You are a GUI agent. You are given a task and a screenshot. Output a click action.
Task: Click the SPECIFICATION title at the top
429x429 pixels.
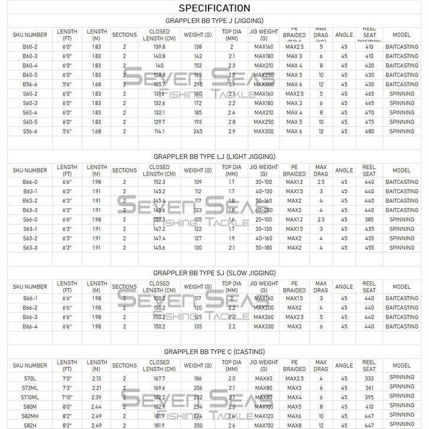tap(214, 8)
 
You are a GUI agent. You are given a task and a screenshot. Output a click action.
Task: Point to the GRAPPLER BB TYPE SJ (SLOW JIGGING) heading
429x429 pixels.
tap(214, 273)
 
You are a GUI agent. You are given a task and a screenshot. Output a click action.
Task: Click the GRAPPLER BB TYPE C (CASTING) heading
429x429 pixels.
tap(214, 352)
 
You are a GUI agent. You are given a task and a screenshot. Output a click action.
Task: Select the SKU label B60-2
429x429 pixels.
tap(30, 46)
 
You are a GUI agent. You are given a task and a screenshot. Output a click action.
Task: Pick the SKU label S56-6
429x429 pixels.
tap(30, 131)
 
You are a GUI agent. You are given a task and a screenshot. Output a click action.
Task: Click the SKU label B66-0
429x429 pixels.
tap(30, 182)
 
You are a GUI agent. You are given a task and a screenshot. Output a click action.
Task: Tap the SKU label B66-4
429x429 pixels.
tap(30, 327)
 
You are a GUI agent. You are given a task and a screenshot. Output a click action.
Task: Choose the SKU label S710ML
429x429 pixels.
tap(30, 397)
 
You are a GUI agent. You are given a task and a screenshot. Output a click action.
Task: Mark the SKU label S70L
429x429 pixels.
tap(30, 378)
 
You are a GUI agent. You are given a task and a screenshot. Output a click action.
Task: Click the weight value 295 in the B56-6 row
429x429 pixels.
tap(198, 84)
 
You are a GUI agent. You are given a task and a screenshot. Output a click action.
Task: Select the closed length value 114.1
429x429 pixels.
tap(159, 131)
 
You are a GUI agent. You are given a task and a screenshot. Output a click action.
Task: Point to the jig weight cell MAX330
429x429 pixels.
tap(264, 327)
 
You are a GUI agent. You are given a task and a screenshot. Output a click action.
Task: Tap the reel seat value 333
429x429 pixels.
tap(369, 378)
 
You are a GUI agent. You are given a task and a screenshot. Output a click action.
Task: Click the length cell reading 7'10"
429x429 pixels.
tap(67, 397)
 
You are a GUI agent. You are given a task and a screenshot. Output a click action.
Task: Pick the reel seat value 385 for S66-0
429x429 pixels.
tap(369, 220)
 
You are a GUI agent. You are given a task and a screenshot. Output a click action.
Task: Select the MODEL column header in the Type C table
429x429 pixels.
tap(401, 366)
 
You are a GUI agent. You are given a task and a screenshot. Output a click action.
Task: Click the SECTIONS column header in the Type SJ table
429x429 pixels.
tap(124, 287)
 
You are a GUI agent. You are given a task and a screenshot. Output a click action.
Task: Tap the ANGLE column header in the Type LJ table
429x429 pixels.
tap(344, 170)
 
